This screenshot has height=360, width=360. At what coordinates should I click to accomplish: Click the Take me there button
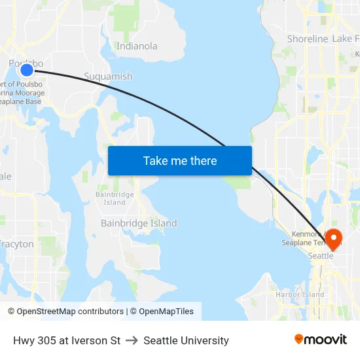pos(180,160)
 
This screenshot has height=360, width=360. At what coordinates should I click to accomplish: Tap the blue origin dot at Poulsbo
pos(27,70)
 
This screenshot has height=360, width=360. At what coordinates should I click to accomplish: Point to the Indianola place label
pos(137,46)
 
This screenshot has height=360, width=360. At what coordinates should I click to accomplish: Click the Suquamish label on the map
pos(108,77)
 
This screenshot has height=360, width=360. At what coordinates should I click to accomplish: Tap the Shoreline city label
pos(307,39)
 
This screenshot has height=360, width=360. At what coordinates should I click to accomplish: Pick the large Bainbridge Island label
pos(139,223)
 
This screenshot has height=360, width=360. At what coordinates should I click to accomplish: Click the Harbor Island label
pos(300,295)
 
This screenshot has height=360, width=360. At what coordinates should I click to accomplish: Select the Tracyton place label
pos(17,244)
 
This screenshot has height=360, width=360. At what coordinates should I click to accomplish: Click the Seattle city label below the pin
pos(321,256)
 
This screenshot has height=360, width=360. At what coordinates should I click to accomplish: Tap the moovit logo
pos(320,339)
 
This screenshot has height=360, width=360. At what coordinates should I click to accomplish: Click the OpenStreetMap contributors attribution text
pos(65,312)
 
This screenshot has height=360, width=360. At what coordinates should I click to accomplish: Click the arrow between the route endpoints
pos(132,340)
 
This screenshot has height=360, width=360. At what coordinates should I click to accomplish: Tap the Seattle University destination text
pos(186,340)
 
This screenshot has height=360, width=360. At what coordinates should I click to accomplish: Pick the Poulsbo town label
pos(26,63)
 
